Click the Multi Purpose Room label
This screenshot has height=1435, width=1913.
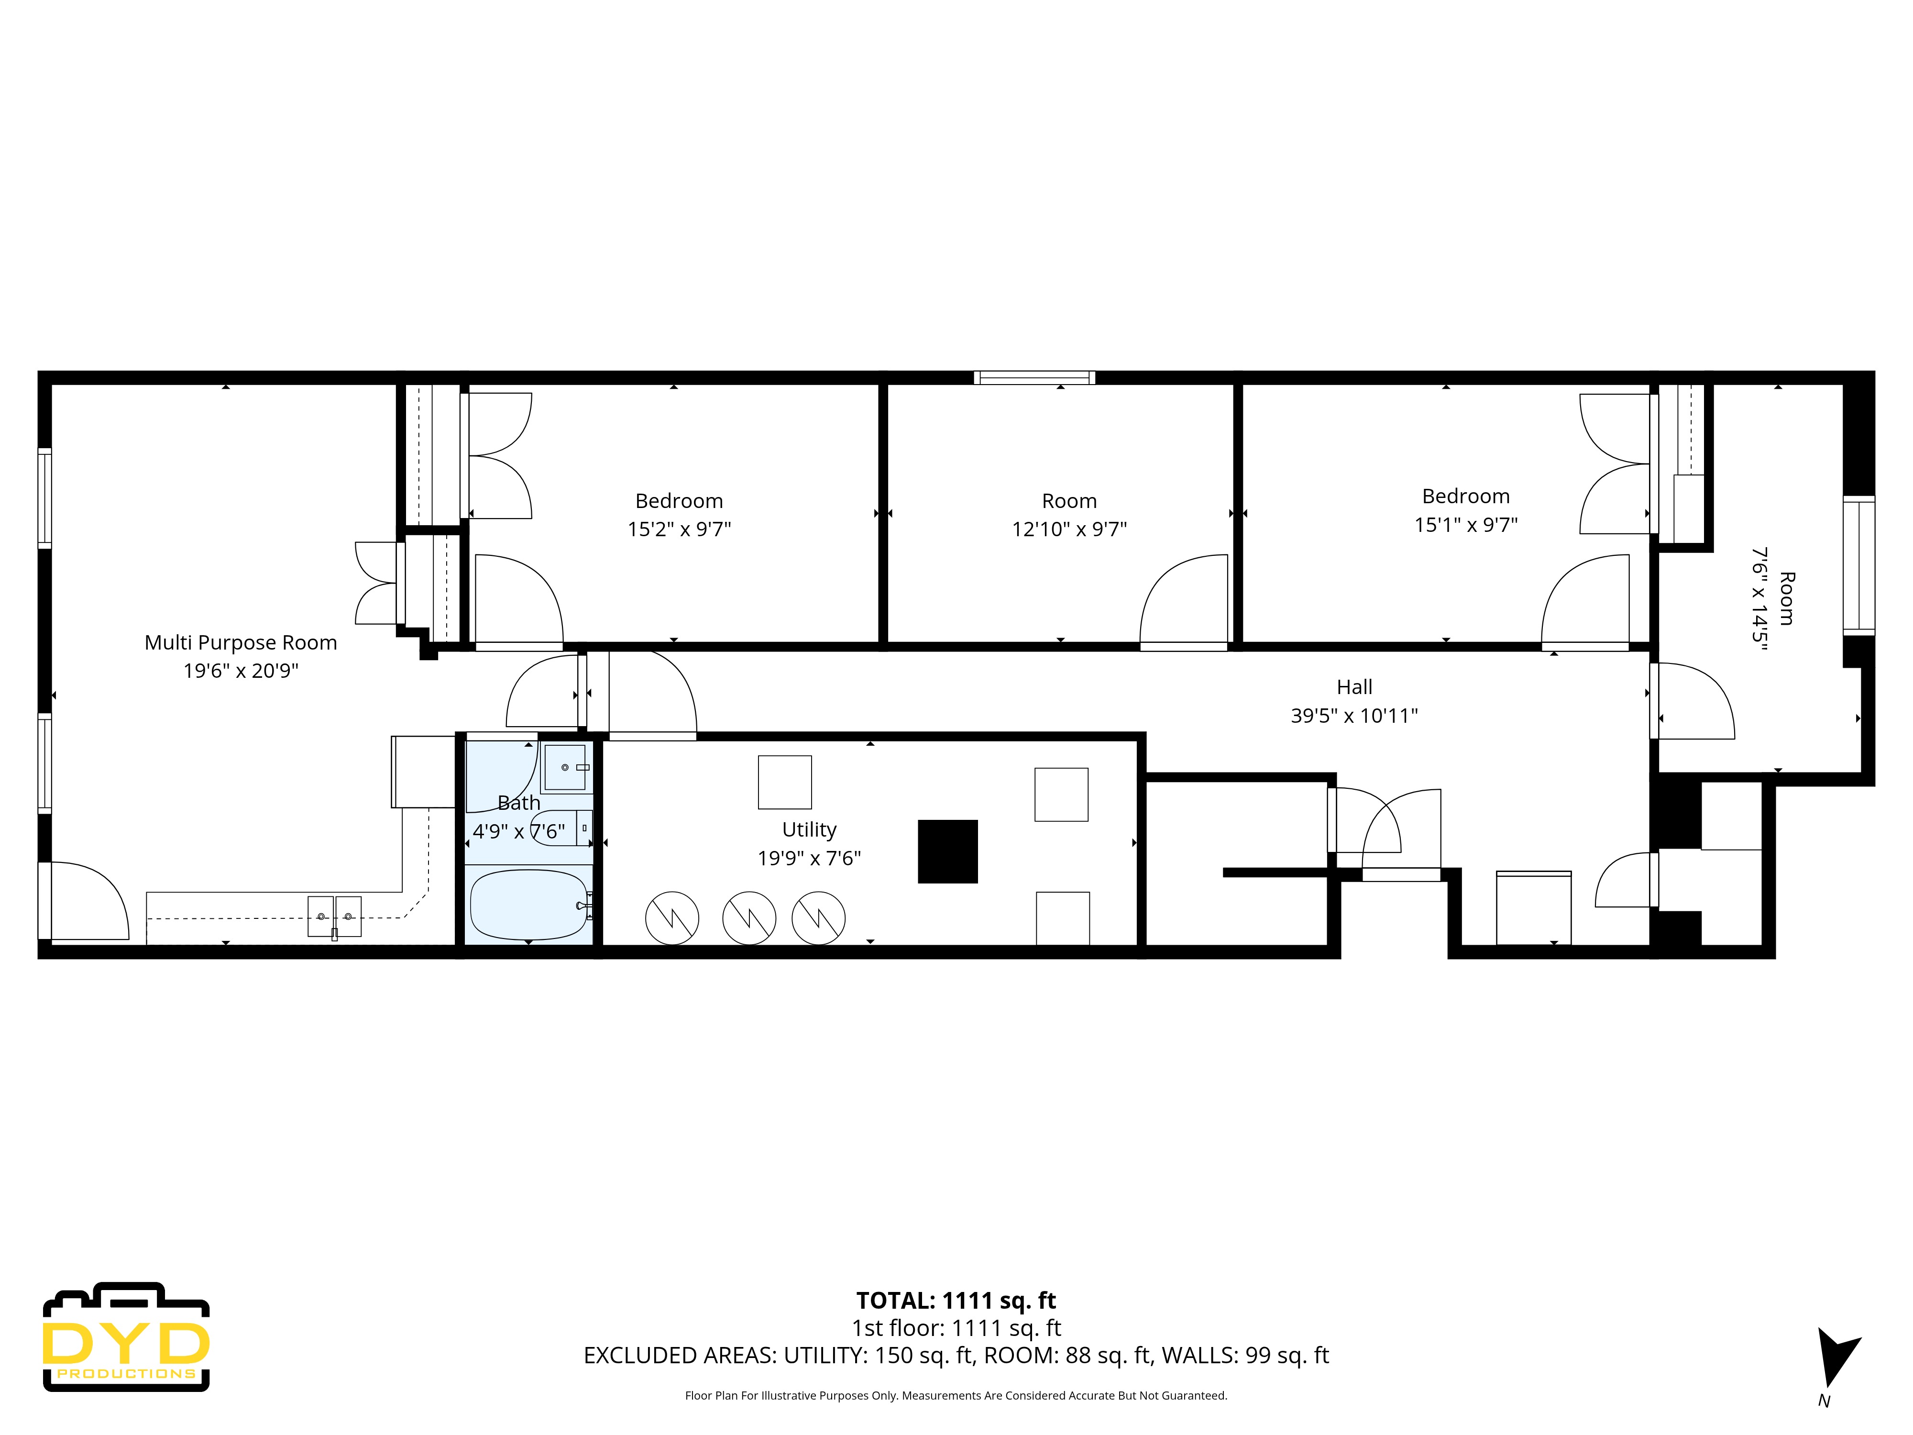[x=241, y=643]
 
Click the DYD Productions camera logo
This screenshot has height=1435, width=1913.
[x=126, y=1336]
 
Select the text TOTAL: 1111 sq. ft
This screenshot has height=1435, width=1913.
[x=956, y=1300]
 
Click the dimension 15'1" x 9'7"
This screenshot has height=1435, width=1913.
[x=1466, y=524]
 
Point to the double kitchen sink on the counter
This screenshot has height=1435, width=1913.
[x=335, y=916]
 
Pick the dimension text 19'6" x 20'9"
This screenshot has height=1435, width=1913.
[x=241, y=670]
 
